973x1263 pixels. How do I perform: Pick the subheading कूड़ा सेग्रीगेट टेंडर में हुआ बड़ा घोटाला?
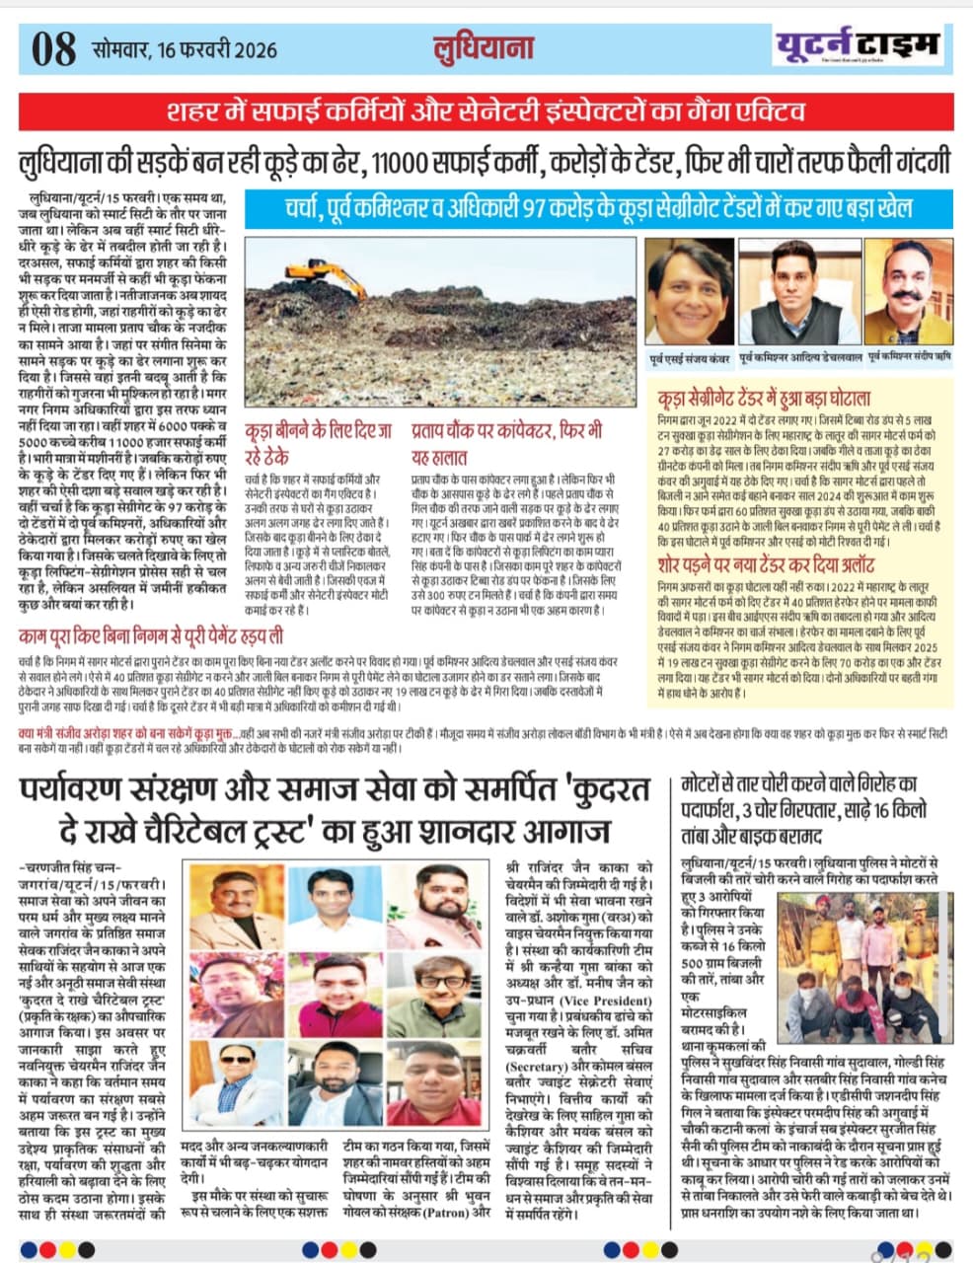[x=763, y=399]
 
